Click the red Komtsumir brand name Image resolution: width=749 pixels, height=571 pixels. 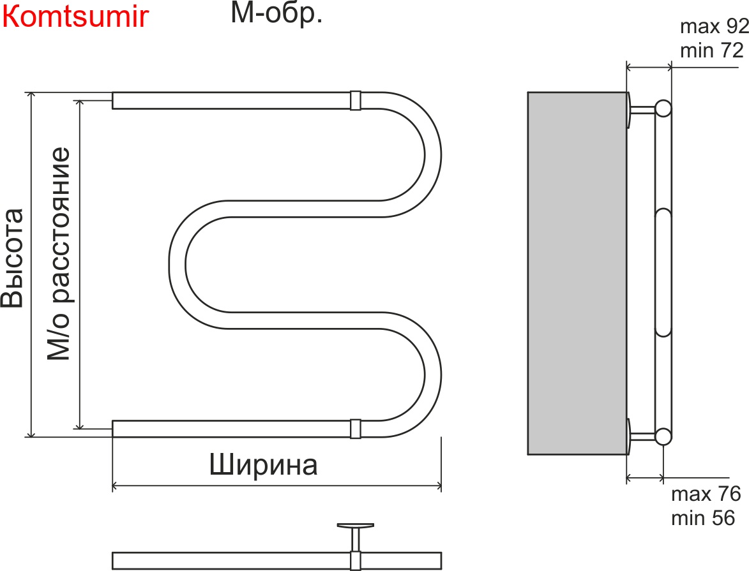[75, 17]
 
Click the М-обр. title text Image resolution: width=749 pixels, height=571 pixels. [276, 14]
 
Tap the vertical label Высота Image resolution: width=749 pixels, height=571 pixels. [13, 258]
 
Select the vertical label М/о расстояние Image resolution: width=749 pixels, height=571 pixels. [59, 254]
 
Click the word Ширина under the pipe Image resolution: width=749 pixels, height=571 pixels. [264, 465]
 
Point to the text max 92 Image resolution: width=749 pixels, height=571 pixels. [714, 27]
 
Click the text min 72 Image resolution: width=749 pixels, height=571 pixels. [712, 50]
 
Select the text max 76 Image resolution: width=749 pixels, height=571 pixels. [706, 494]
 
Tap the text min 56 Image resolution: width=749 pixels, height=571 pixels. [703, 517]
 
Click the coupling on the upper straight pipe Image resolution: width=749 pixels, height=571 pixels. [356, 100]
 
